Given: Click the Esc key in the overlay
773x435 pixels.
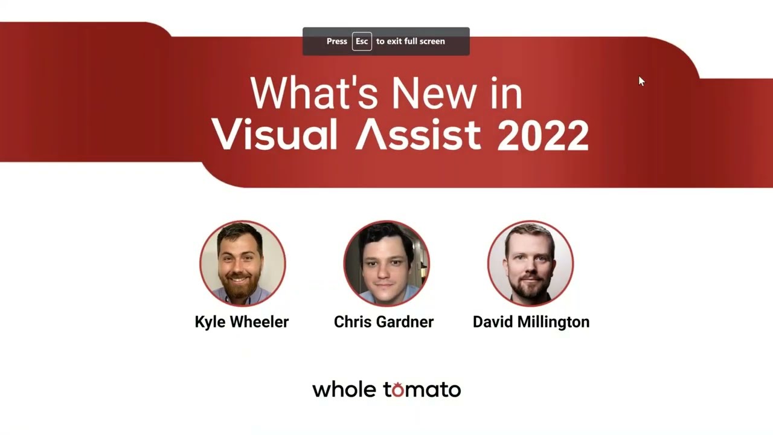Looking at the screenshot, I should [x=362, y=41].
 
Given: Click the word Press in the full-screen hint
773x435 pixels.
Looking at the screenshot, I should [x=337, y=41].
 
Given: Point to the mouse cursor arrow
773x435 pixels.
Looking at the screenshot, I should [x=641, y=81].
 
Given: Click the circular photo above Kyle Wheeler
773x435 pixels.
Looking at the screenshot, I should [x=243, y=263].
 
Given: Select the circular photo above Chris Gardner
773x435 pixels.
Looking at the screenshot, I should [x=386, y=263].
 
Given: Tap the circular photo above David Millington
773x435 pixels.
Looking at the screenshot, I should [x=530, y=263].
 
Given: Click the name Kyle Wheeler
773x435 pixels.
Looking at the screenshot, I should [x=242, y=322].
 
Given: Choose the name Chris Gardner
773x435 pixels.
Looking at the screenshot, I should [x=383, y=322].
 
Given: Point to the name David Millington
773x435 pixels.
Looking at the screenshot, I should [x=531, y=322].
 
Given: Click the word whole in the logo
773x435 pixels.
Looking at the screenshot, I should [x=344, y=390].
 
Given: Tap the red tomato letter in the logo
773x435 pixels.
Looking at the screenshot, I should [x=398, y=390].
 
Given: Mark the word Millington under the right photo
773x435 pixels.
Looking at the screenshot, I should [x=553, y=322].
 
